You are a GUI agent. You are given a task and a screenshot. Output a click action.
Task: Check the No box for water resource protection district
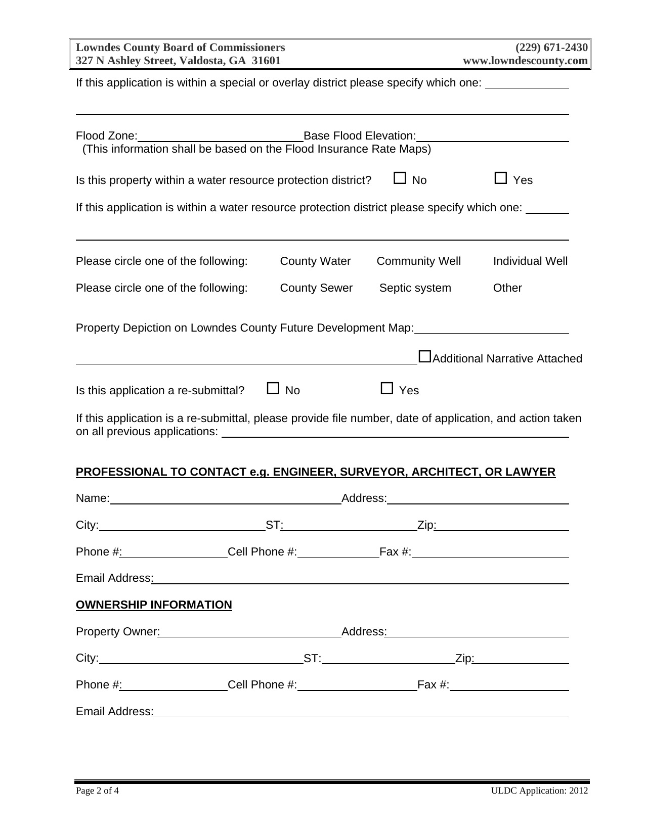pos(400,178)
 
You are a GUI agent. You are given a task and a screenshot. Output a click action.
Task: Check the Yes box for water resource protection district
pos(501,178)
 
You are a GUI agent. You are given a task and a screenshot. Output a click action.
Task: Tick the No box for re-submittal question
pos(273,388)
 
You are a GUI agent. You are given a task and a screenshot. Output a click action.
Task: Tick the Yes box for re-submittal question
pos(387,388)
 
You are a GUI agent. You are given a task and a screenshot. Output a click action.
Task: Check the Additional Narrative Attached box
pos(425,357)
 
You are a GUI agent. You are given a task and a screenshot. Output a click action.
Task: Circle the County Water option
pos(315,261)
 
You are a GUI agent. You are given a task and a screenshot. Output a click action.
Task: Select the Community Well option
pos(418,261)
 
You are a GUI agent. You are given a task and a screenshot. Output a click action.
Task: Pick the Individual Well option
pos(530,261)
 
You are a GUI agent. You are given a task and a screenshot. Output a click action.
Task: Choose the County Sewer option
pos(316,288)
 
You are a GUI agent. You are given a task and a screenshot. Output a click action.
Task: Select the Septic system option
pos(415,288)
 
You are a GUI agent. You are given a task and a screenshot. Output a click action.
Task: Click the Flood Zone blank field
pos(220,136)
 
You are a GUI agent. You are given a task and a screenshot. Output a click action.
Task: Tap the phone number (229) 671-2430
pos(551,48)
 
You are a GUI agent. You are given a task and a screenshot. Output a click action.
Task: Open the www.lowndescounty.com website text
pos(526,61)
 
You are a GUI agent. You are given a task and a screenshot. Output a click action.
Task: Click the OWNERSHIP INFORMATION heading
pos(154,605)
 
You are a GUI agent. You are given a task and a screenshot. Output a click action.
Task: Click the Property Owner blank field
pos(250,632)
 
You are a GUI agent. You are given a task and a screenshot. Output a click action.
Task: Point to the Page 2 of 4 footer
pos(97,791)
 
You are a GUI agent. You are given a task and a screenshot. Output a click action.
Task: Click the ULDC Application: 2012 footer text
pos(539,791)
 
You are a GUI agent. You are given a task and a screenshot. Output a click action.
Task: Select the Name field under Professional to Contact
pos(226,499)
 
